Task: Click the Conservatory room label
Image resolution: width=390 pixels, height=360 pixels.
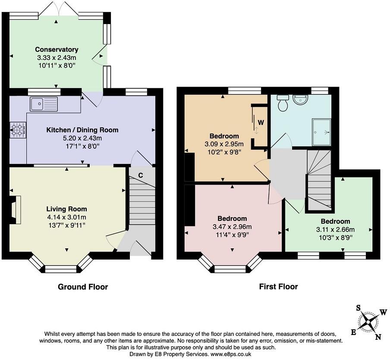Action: (57, 50)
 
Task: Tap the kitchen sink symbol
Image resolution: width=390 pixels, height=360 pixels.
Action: (44, 104)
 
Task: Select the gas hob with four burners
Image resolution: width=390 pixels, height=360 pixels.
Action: (18, 130)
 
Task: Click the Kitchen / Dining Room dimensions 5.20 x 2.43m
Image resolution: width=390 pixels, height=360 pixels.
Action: (82, 138)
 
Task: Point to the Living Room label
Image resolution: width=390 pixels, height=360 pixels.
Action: (67, 209)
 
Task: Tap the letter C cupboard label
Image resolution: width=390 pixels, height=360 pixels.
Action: (141, 175)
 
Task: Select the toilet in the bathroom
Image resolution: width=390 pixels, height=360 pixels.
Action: (283, 103)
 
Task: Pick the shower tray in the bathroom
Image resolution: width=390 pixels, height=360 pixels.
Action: (321, 132)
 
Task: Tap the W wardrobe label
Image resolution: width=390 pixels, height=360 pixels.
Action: (261, 122)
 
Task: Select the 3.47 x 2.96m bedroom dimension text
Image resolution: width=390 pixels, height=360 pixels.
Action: (232, 226)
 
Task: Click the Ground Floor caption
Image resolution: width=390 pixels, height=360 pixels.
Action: (82, 287)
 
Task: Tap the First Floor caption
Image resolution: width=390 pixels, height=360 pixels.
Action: (278, 287)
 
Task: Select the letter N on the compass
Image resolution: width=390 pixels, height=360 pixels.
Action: (377, 337)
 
